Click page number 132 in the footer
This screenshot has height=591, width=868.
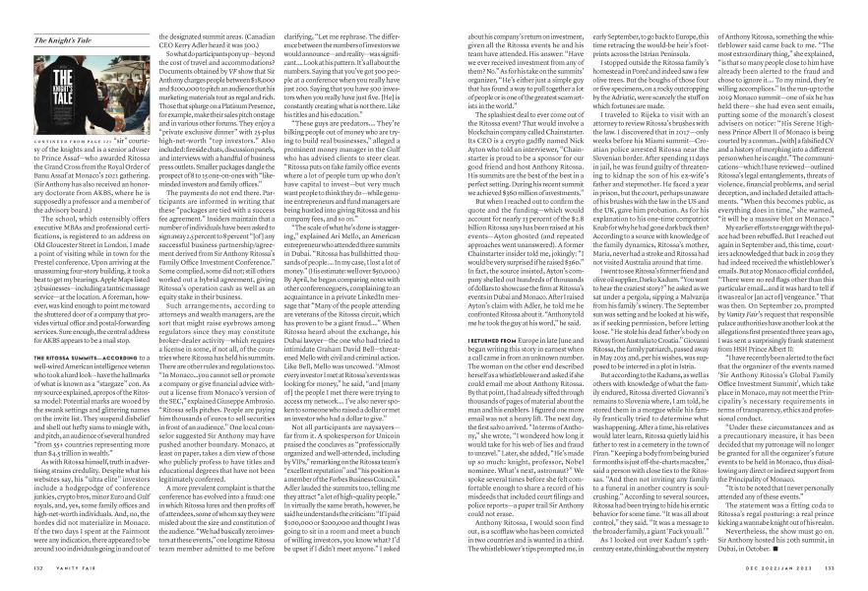coord(38,566)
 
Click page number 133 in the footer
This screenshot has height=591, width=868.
coord(829,566)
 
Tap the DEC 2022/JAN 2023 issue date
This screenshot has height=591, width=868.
coord(780,566)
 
